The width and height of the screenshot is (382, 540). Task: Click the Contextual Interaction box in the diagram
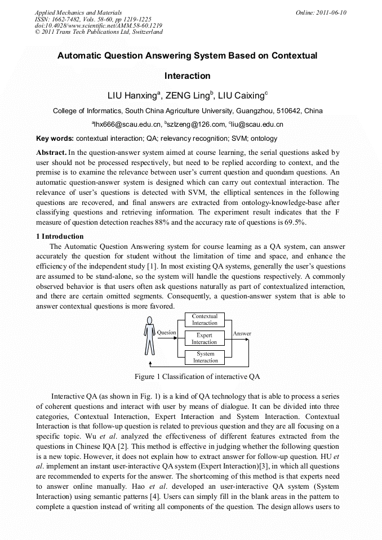pos(205,320)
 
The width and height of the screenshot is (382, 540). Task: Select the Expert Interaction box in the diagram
pos(204,338)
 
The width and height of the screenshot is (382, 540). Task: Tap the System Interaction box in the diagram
pos(205,358)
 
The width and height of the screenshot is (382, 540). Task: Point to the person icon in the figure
pos(149,336)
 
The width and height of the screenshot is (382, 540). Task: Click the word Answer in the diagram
pos(242,333)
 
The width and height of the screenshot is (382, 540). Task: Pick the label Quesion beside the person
pos(166,332)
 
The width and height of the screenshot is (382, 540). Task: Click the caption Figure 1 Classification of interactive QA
pos(197,376)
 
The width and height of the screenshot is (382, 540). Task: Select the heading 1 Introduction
pos(60,236)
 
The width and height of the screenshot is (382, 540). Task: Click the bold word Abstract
pos(51,153)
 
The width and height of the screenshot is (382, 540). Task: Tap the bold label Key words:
pos(55,139)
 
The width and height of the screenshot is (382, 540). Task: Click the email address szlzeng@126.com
pos(195,124)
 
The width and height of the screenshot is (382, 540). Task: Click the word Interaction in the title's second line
pos(187,75)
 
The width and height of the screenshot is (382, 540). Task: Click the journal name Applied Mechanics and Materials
pos(78,12)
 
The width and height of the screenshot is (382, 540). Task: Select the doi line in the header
pos(99,26)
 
